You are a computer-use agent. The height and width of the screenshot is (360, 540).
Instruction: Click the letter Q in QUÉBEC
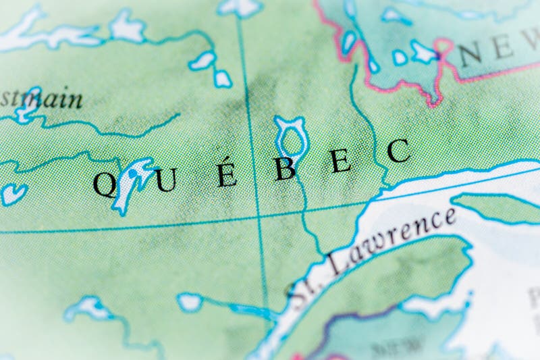tap(105, 184)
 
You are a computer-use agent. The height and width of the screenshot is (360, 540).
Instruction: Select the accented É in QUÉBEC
tap(227, 173)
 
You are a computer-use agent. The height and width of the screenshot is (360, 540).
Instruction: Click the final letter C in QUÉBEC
tap(399, 151)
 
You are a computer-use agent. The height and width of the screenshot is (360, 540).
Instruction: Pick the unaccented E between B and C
tap(342, 161)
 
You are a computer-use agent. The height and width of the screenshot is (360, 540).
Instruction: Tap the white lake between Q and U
tap(135, 181)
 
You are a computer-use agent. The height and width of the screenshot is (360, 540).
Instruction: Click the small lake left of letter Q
tap(12, 194)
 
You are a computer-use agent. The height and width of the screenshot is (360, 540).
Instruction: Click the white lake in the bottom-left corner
tap(88, 308)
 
